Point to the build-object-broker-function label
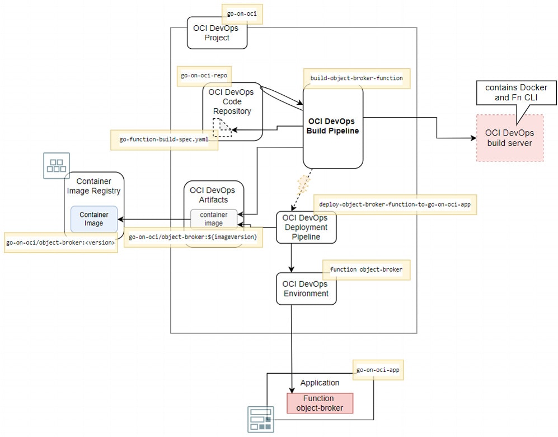coord(357,78)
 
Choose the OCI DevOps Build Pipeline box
coord(333,127)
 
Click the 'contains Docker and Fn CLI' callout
coord(516,92)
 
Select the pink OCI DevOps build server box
coord(510,138)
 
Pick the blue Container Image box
coord(94,219)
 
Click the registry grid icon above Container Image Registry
coord(57,166)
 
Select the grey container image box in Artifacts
coord(213,219)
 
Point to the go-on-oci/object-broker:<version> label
coord(60,243)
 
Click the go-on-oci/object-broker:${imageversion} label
coord(193,238)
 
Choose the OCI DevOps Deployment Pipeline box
coord(306,227)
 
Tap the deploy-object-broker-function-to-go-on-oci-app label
coord(394,205)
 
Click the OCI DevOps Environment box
coord(306,289)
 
